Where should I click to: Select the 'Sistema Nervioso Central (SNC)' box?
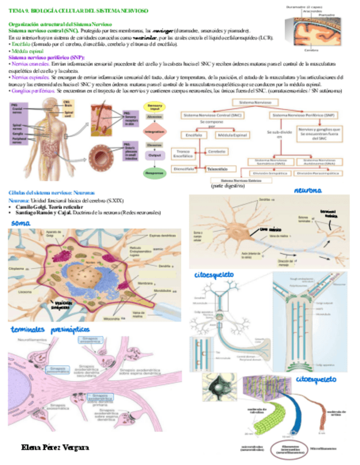point(213,115)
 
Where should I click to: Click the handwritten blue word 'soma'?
point(19,223)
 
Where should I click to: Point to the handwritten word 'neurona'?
point(307,190)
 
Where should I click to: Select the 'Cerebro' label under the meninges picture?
point(311,49)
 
